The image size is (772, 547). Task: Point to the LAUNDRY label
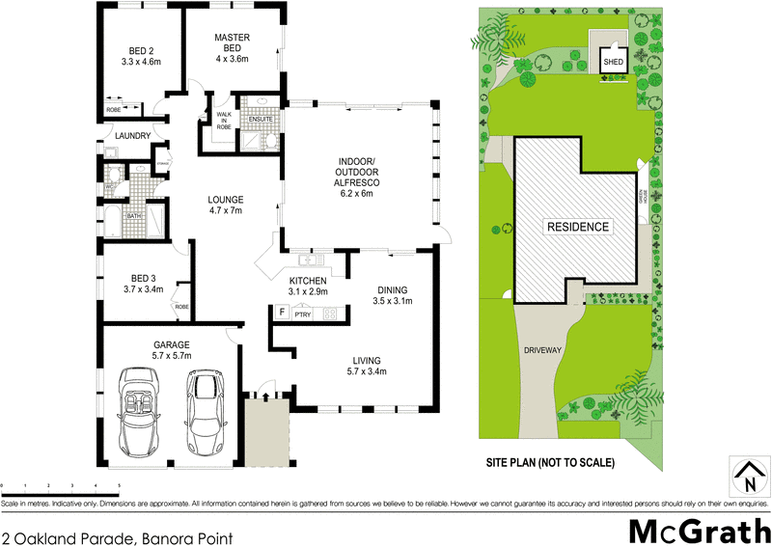(x=132, y=136)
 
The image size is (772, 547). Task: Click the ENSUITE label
(x=259, y=120)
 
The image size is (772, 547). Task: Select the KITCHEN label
(x=309, y=286)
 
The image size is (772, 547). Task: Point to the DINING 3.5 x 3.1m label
(x=392, y=295)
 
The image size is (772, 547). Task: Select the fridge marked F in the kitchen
(x=283, y=313)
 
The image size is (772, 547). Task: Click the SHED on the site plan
(x=613, y=61)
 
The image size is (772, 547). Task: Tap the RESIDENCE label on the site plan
(x=578, y=228)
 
